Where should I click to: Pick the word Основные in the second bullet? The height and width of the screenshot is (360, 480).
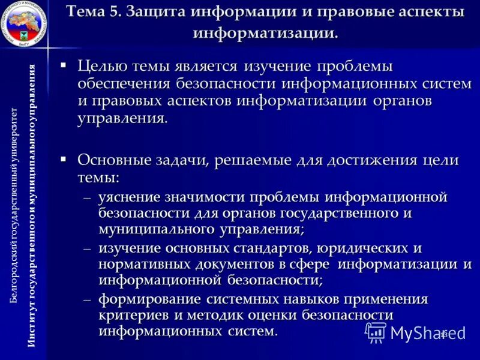click(x=116, y=160)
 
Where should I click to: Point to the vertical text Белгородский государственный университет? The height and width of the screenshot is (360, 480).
click(x=16, y=204)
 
